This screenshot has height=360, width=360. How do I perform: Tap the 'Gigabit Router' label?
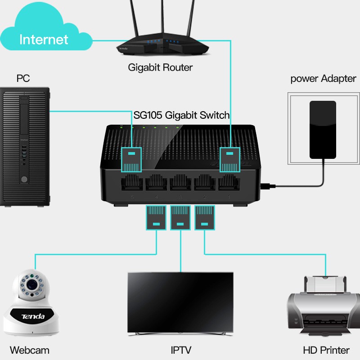160,68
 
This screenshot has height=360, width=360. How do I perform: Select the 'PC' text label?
23,79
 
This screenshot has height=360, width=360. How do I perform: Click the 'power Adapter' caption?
323,79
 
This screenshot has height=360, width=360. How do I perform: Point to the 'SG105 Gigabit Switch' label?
181,115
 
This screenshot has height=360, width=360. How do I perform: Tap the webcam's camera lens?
31,284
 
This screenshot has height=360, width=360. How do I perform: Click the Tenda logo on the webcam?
33,317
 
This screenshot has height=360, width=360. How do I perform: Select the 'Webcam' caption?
30,350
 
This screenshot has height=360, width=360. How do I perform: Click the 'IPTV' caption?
180,350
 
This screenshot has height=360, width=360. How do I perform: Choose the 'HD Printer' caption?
326,350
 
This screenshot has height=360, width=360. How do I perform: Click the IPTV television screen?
180,302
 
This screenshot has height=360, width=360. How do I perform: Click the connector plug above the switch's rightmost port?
229,160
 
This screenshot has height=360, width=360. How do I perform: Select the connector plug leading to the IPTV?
181,217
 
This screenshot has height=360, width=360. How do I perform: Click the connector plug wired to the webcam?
157,217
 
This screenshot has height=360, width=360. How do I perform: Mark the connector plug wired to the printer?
205,217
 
